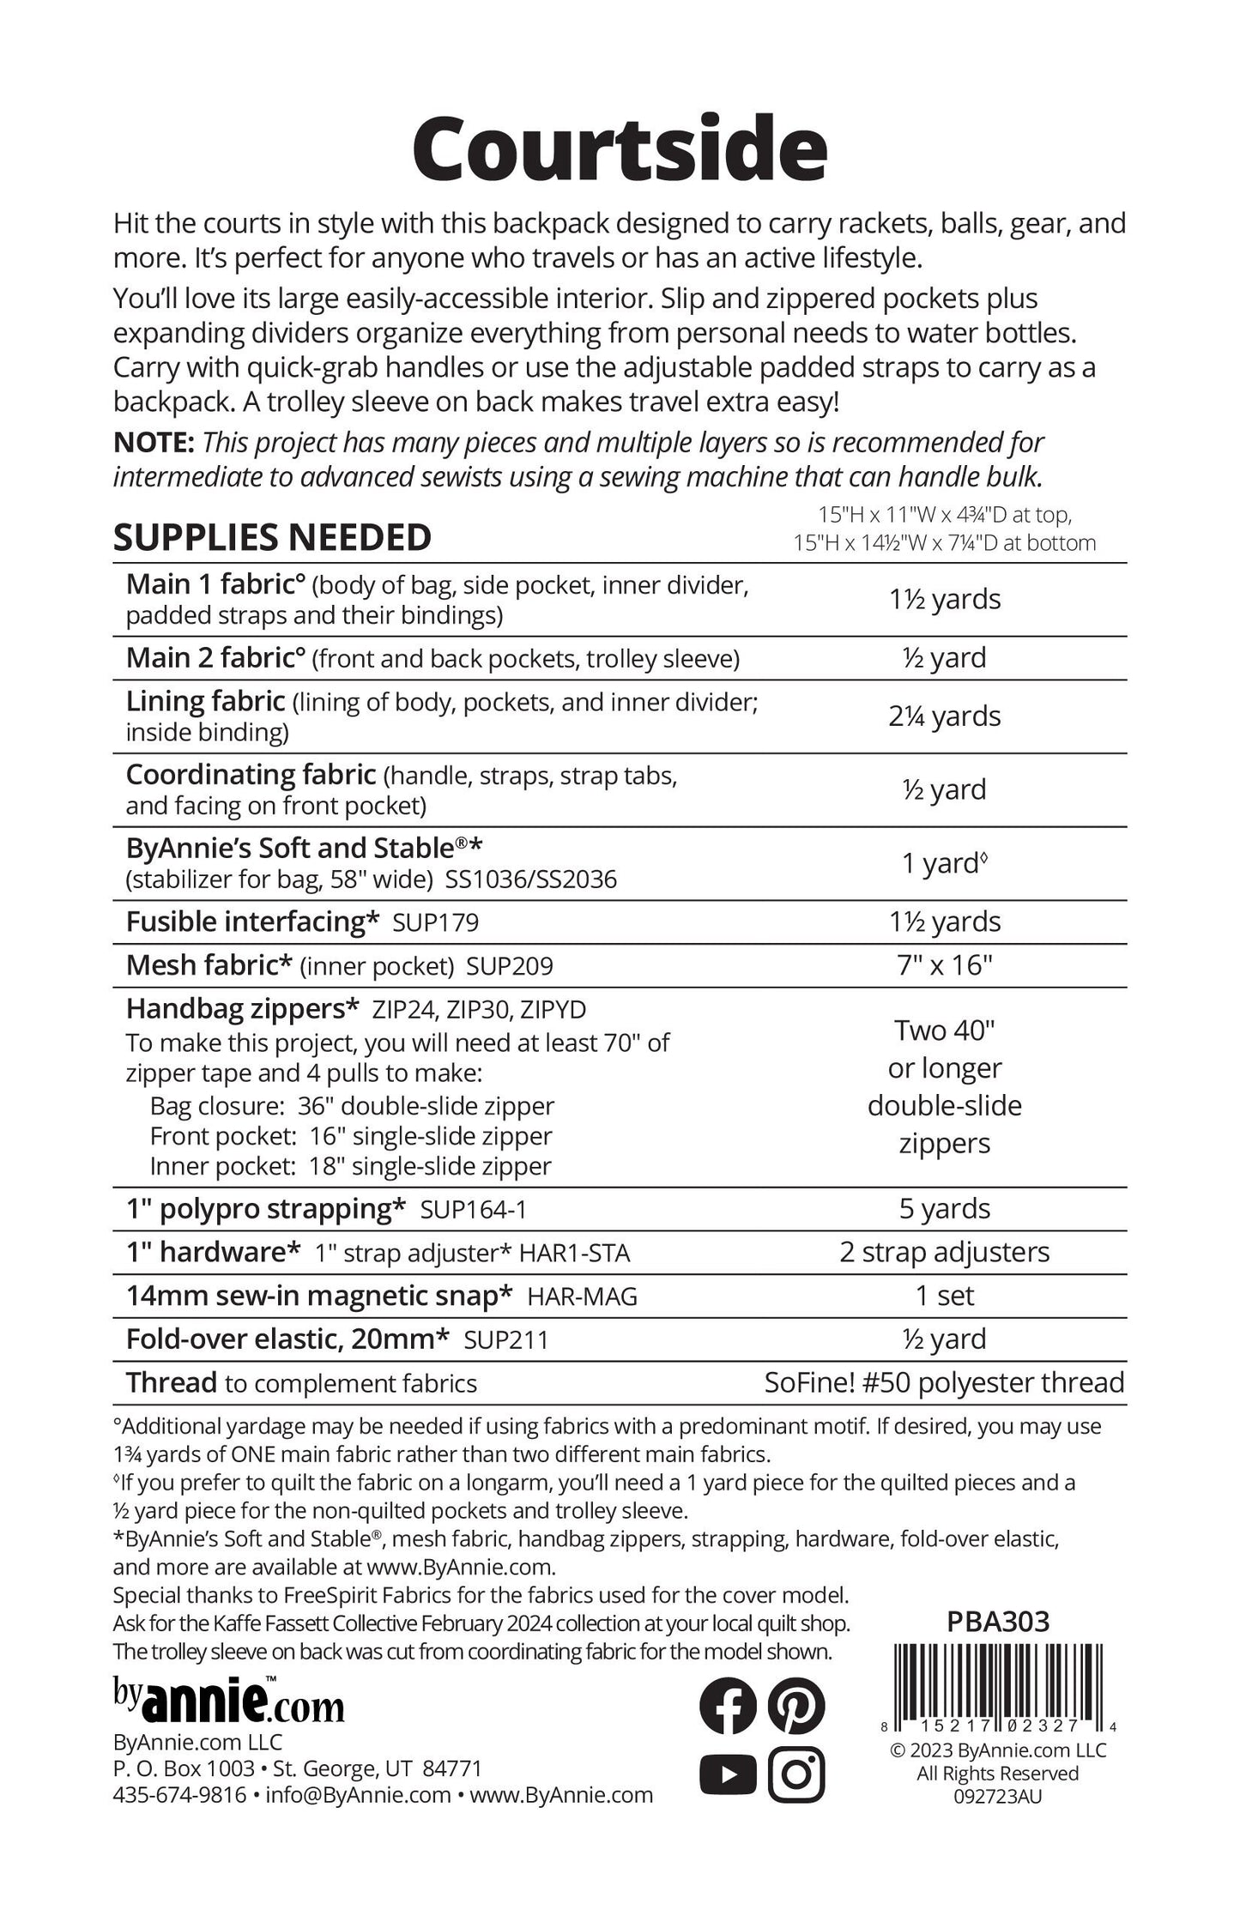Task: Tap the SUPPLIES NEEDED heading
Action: pos(272,538)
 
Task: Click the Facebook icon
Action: pos(728,1706)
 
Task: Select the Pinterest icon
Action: pos(795,1706)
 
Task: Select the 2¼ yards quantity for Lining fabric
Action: pos(944,716)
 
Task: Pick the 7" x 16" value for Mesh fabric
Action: pos(944,964)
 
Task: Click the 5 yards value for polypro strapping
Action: pos(944,1208)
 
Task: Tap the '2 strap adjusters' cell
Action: pos(944,1252)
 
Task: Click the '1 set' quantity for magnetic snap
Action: pos(944,1296)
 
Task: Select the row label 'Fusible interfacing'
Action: pos(252,922)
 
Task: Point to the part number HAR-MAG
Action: pos(582,1296)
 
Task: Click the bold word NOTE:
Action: pos(154,443)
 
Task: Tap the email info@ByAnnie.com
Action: pos(358,1795)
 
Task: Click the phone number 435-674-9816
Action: pos(179,1795)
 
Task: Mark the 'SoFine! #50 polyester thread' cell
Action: pos(944,1382)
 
